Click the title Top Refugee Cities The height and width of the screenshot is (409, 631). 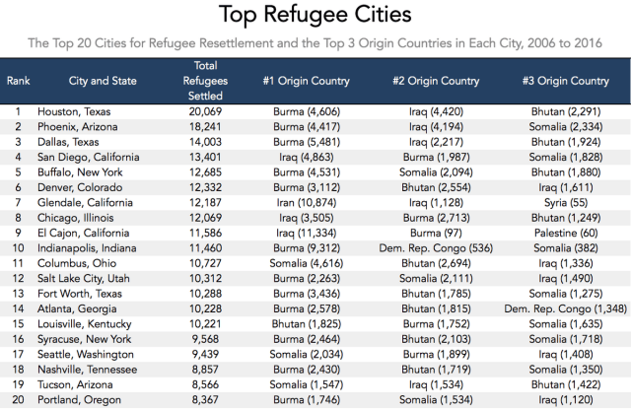(315, 16)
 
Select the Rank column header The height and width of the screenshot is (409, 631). (19, 80)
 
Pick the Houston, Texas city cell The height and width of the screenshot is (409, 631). (77, 112)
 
